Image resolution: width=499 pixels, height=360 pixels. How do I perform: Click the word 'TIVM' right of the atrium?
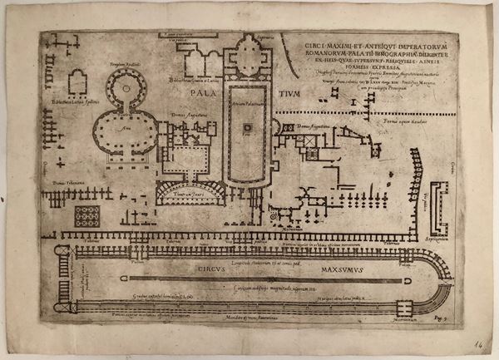[291, 94]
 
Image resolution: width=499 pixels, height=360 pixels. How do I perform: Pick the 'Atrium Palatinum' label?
[247, 93]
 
